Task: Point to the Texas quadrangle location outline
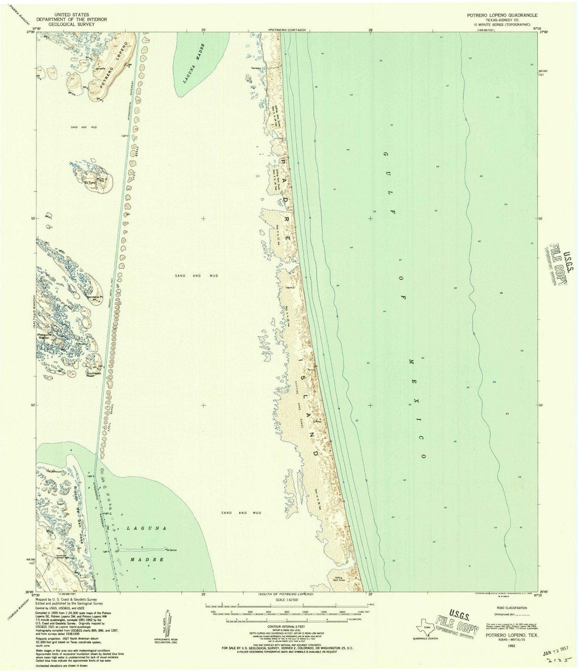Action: tap(425, 629)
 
